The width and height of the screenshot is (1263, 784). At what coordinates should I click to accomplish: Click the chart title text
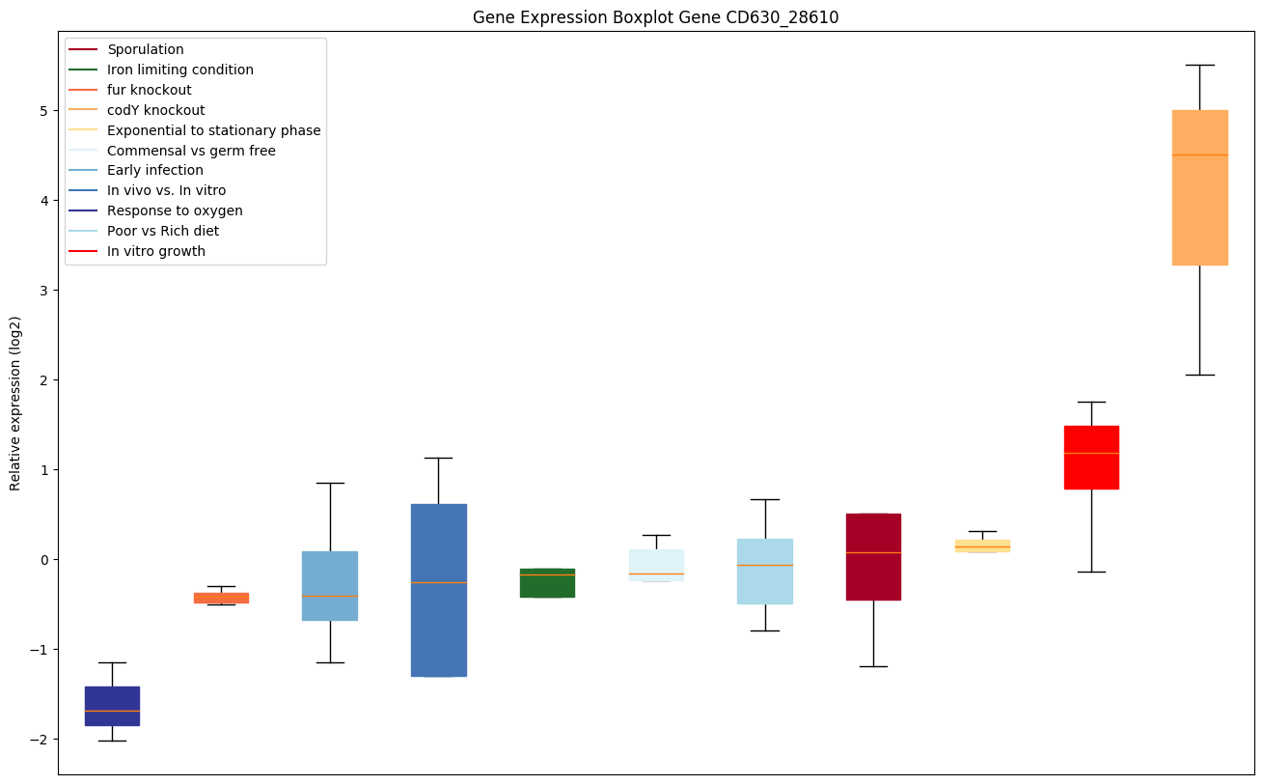coord(655,17)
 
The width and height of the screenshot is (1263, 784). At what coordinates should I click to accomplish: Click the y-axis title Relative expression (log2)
coord(16,403)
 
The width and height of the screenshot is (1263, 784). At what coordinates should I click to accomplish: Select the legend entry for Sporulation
coord(146,49)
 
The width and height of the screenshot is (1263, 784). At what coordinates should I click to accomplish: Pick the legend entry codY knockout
coord(156,110)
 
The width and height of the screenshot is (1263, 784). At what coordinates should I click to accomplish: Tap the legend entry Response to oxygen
coord(175,210)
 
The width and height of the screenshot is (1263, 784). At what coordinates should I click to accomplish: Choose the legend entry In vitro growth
coord(156,251)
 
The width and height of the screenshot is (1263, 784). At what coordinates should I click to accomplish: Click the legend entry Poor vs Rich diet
coord(163,231)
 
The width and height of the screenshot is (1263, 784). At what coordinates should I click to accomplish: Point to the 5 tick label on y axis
coord(44,111)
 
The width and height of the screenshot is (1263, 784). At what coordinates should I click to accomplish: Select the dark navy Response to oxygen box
coord(112,706)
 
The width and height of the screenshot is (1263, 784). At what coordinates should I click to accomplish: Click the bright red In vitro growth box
coord(1091,457)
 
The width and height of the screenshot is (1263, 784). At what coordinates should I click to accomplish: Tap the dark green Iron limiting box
coord(547,582)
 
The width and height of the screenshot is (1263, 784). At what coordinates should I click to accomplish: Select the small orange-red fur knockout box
coord(221,598)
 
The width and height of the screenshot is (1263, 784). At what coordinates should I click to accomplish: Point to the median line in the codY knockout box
coord(1199,154)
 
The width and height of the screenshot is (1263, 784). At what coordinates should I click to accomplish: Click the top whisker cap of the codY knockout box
coord(1199,65)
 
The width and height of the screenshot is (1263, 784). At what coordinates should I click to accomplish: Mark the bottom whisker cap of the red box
coord(1091,572)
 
